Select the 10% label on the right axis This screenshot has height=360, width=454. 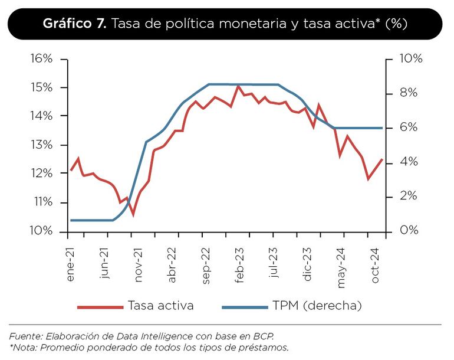(x=411, y=59)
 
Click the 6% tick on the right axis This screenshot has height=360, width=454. (x=407, y=128)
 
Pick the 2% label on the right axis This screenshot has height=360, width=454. (x=407, y=197)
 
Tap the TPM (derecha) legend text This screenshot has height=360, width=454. (x=317, y=306)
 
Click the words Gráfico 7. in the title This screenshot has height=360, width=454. (x=75, y=24)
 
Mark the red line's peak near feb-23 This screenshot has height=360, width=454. (x=238, y=86)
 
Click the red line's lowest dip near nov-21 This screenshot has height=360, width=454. (x=133, y=215)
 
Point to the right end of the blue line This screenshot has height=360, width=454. (x=383, y=128)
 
